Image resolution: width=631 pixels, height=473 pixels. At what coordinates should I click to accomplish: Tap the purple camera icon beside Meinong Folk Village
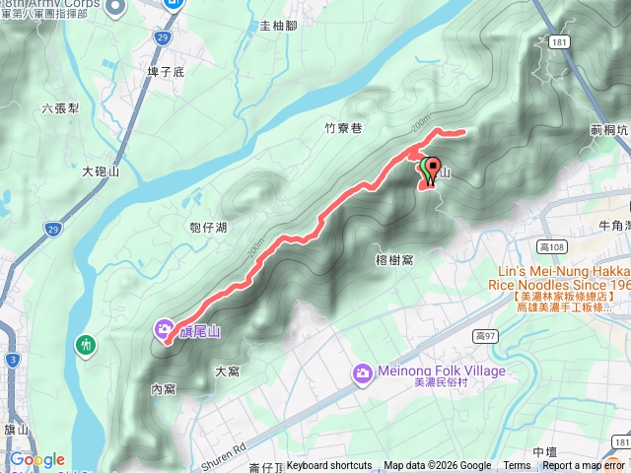point(363,372)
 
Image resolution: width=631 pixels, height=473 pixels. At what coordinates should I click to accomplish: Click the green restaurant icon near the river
point(87,344)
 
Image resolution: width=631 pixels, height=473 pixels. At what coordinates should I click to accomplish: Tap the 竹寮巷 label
point(343,128)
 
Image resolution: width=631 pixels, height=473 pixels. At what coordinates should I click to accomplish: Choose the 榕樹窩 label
point(394,259)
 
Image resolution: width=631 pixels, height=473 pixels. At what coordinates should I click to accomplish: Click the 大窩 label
point(227,372)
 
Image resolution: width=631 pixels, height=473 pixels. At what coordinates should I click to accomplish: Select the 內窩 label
point(163,389)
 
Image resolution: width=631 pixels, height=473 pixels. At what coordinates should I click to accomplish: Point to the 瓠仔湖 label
point(207,228)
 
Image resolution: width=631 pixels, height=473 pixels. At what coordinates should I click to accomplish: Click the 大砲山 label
point(101,171)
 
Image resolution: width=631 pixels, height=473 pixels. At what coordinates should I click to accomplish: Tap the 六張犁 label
point(61,109)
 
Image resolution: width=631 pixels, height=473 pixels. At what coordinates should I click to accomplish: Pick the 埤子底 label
point(165,72)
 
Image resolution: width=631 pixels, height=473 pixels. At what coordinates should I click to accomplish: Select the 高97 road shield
point(484,335)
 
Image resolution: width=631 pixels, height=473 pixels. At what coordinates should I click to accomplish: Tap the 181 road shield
point(559,43)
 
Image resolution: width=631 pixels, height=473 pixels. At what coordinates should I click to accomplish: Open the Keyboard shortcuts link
point(328,466)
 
